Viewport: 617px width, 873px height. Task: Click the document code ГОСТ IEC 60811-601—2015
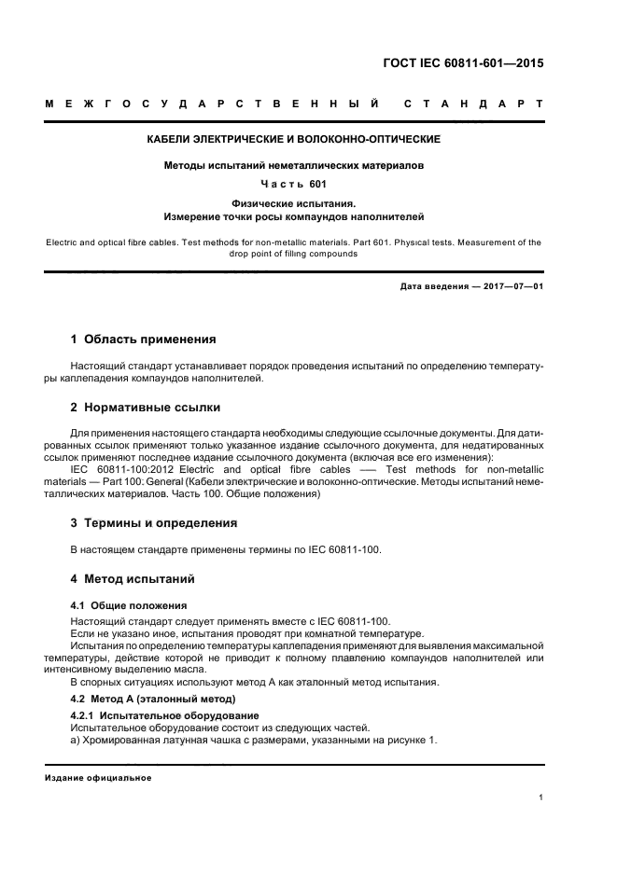(x=464, y=65)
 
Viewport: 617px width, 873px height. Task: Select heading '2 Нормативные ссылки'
(x=146, y=408)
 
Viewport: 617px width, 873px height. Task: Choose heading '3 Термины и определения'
(x=154, y=522)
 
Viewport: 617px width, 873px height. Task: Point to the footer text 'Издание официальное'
(x=98, y=777)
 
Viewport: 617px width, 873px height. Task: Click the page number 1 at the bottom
(x=541, y=797)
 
